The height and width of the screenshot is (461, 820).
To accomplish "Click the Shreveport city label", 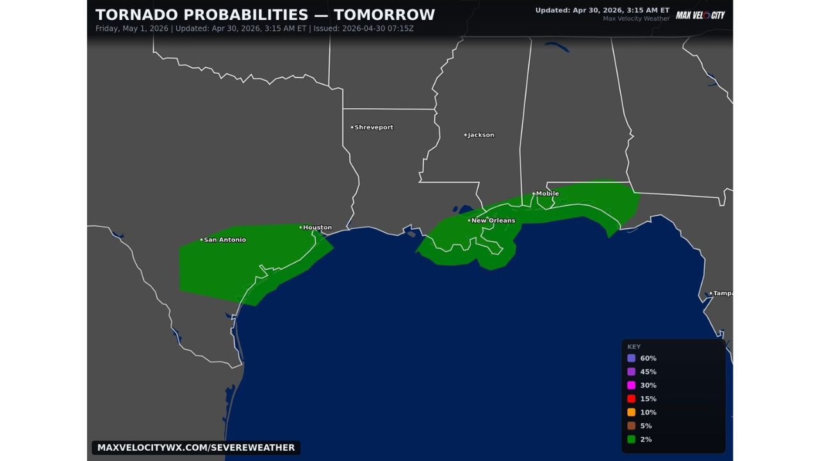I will (374, 127).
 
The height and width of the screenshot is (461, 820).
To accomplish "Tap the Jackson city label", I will (481, 135).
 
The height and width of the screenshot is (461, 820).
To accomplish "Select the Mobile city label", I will (548, 193).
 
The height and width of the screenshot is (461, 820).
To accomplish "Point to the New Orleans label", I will (493, 220).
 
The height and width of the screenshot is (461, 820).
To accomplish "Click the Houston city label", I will (318, 227).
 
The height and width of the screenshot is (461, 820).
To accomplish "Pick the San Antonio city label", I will (225, 239).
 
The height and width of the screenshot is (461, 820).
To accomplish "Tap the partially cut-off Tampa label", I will (723, 293).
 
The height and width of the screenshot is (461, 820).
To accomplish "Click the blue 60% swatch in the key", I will (632, 359).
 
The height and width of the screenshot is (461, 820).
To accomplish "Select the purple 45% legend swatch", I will (632, 372).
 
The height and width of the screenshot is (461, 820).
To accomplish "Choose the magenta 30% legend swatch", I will (632, 385).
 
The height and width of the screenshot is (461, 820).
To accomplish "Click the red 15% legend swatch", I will (632, 399).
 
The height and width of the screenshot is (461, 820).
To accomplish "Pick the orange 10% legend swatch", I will (632, 412).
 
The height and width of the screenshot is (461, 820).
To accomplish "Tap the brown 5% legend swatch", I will (632, 426).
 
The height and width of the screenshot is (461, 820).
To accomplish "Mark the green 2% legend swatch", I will (632, 439).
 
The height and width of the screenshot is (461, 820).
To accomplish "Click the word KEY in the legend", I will (634, 346).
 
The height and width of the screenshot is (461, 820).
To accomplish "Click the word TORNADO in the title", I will (131, 15).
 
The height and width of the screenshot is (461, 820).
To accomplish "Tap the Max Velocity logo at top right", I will (700, 15).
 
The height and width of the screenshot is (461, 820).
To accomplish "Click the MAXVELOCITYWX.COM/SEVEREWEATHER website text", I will (196, 448).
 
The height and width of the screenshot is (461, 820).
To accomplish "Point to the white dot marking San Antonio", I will (201, 239).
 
